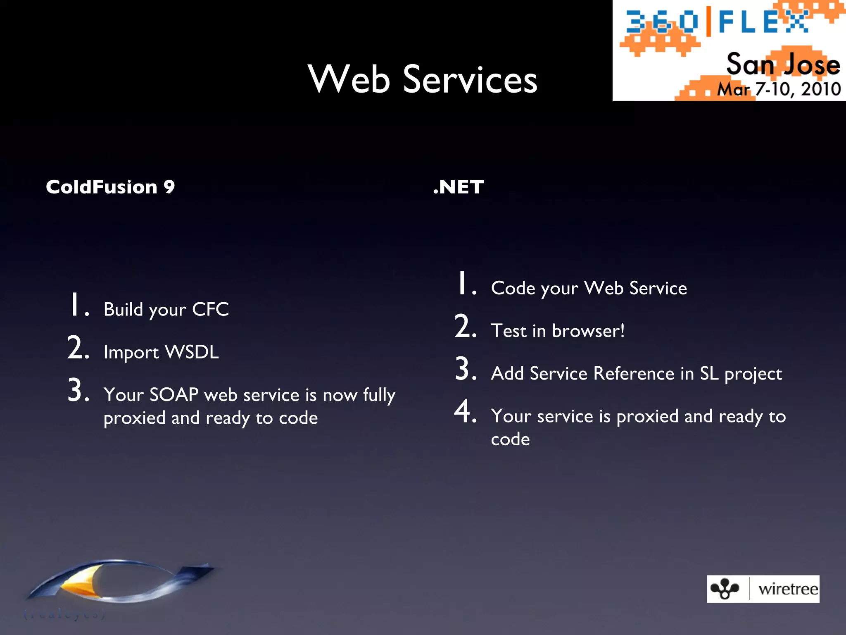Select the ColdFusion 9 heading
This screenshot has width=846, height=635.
110,187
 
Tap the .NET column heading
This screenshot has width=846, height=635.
458,187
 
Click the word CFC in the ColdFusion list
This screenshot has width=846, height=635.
210,309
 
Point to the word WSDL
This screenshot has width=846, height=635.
192,352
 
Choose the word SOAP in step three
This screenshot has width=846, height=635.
174,394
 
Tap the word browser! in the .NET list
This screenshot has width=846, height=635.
588,331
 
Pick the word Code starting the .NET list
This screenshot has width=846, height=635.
513,288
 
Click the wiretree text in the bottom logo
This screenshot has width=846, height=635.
788,589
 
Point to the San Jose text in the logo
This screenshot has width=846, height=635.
783,64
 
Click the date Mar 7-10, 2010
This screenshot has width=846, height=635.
779,89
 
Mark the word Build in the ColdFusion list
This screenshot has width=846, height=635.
124,309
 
